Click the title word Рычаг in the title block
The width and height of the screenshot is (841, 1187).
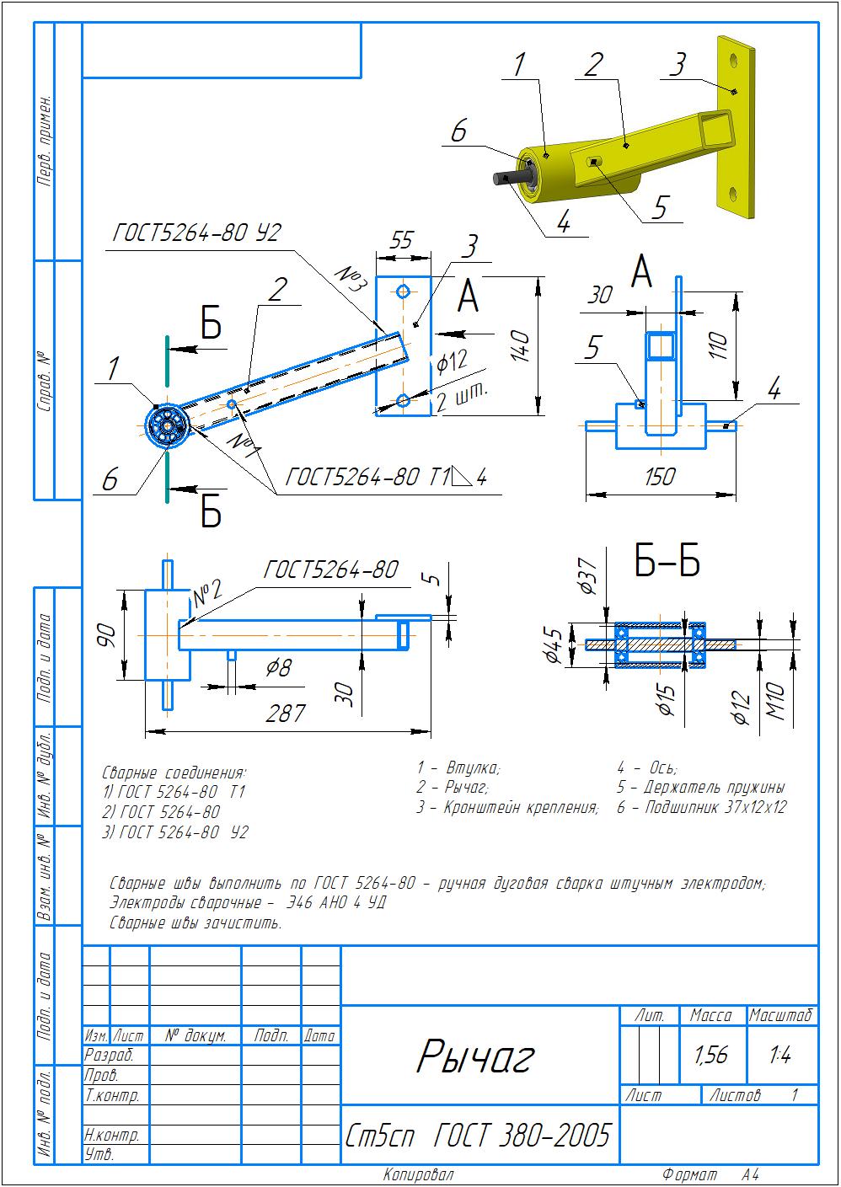click(475, 1056)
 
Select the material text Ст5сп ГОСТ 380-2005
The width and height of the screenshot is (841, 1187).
click(477, 1136)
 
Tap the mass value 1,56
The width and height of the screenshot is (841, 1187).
click(712, 1055)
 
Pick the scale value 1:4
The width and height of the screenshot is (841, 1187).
click(780, 1055)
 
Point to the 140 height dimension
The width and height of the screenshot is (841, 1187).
click(520, 346)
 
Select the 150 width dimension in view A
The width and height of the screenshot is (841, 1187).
click(659, 477)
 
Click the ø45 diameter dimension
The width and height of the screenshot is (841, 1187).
click(553, 644)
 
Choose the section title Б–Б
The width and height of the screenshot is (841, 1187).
click(667, 563)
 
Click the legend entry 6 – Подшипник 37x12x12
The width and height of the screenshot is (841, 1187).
click(701, 807)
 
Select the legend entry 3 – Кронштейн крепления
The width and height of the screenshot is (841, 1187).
click(507, 807)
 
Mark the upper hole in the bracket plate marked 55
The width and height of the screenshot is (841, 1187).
click(404, 291)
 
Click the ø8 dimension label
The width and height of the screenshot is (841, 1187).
click(278, 667)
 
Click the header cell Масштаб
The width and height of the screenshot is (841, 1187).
click(781, 1015)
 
